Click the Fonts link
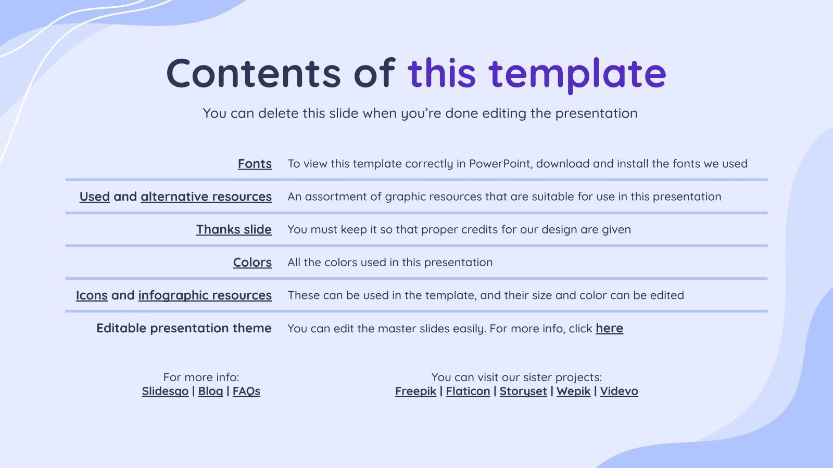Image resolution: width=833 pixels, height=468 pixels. [255, 164]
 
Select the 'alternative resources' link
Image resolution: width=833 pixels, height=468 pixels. [206, 197]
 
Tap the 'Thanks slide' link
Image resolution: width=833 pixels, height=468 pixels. [234, 229]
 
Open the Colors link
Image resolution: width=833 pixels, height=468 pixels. [253, 263]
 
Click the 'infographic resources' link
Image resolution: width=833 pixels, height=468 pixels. [205, 295]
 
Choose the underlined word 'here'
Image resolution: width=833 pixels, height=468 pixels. [609, 328]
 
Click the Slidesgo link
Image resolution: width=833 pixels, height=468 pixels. [165, 391]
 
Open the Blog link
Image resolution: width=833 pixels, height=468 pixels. [210, 391]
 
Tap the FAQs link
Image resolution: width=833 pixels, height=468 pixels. [246, 391]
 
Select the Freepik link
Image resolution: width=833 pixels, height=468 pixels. [415, 391]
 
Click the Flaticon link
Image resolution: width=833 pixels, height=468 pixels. [468, 391]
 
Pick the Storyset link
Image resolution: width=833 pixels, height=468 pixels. [523, 391]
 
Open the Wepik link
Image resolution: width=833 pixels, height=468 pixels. [573, 391]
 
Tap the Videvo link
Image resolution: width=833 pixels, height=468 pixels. [619, 391]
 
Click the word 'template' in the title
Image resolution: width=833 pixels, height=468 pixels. [577, 73]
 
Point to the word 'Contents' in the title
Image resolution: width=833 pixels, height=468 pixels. [253, 73]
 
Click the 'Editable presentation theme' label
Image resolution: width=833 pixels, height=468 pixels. [184, 328]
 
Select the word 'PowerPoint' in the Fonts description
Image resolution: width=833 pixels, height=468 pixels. [500, 164]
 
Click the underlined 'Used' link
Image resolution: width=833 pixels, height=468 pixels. [95, 197]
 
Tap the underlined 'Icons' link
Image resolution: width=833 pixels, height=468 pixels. [92, 295]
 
